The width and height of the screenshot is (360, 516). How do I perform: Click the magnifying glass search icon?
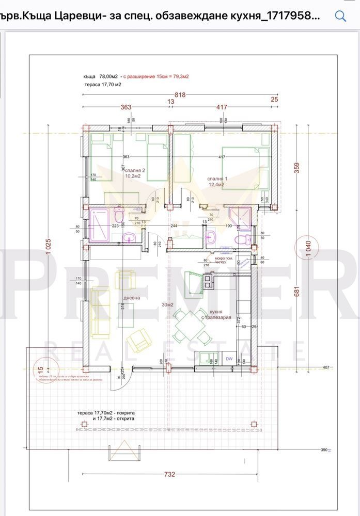[340, 15]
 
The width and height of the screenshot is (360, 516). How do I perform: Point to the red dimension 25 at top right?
[274, 100]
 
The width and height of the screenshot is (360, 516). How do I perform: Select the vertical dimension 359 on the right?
[296, 168]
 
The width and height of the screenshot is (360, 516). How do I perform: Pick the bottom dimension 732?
[169, 474]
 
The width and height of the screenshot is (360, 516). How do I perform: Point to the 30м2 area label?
[167, 304]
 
